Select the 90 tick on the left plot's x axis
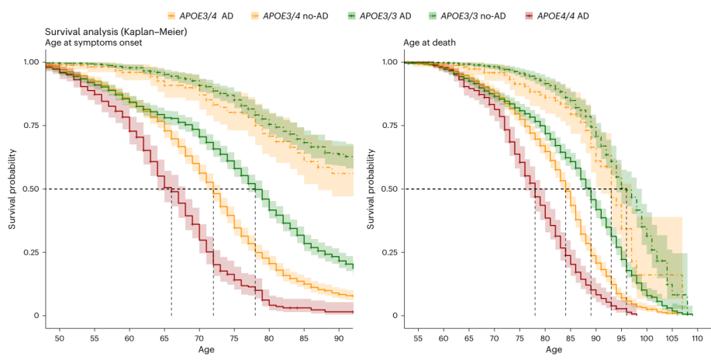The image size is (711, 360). click(x=338, y=338)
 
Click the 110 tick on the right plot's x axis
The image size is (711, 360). click(x=697, y=338)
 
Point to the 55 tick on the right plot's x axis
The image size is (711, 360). click(x=417, y=338)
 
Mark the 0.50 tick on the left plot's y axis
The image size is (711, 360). click(x=27, y=189)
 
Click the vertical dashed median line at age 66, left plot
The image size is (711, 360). click(x=171, y=256)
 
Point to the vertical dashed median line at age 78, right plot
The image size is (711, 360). click(x=535, y=256)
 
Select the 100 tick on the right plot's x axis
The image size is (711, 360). click(x=647, y=338)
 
